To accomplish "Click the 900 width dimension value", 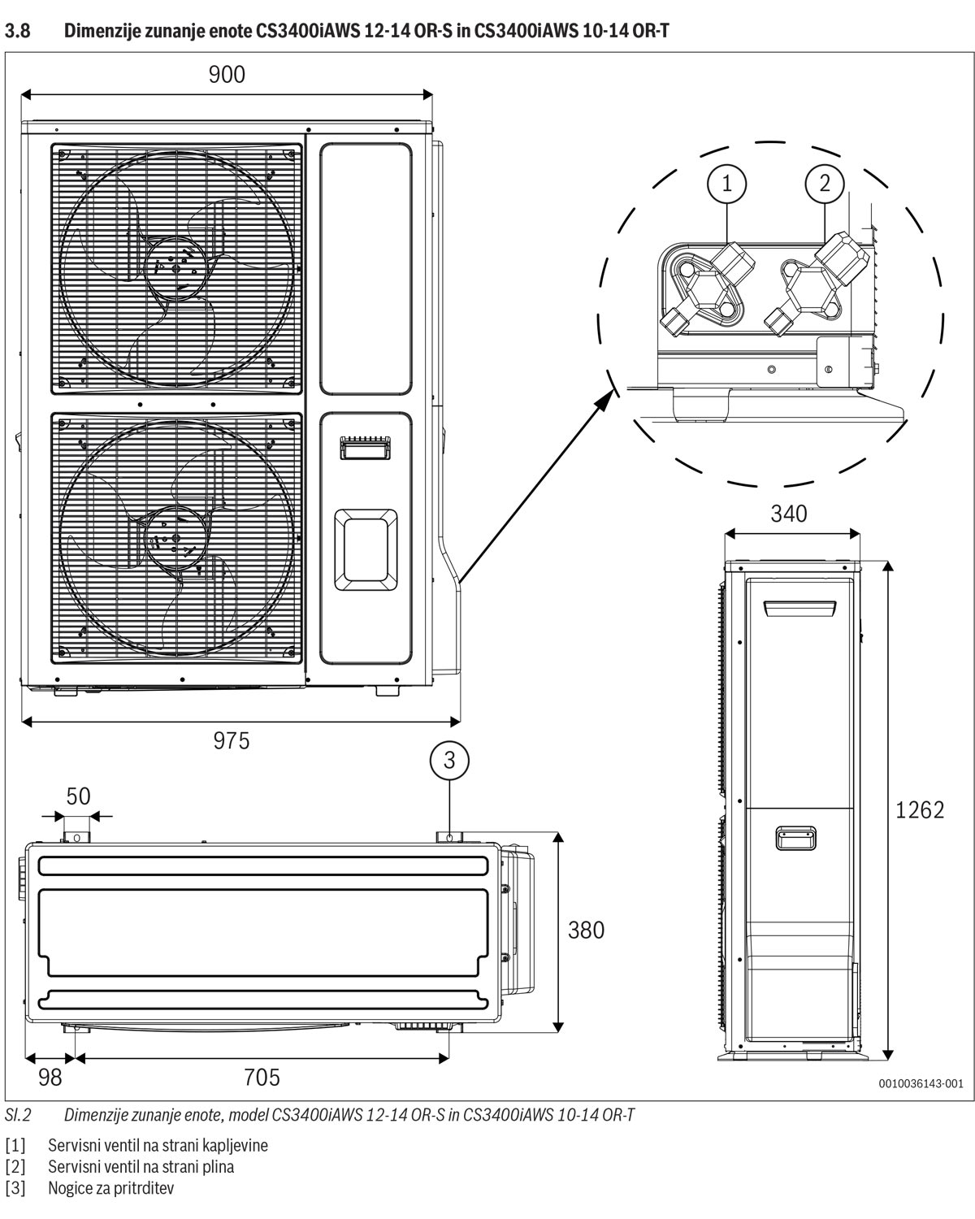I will point(227,75).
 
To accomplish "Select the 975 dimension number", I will point(232,740).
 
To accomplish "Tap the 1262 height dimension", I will point(920,809).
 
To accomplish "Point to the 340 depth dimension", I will point(789,514).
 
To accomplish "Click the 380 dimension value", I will point(586,930).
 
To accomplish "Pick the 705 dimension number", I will point(262,1078).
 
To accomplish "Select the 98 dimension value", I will point(50,1078).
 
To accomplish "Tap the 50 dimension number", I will point(78,796).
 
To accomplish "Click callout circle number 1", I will point(727,184).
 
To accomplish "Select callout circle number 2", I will point(825,184).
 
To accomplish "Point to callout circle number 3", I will point(449,761).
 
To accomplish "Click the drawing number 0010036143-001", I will point(920,1083).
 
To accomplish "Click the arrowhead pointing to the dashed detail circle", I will point(604,397).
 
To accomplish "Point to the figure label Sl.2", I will point(18,1115).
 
